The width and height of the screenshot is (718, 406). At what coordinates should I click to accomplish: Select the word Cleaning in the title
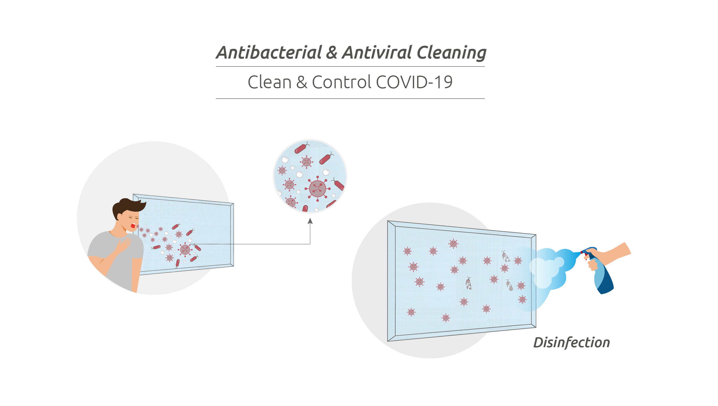(452, 53)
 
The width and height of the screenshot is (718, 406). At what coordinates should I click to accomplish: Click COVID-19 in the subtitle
(414, 82)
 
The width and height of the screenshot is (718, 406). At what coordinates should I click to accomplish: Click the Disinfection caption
(571, 343)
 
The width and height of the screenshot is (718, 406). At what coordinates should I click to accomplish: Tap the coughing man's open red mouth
(133, 226)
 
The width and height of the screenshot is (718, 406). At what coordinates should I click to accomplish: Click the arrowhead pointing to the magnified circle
(310, 221)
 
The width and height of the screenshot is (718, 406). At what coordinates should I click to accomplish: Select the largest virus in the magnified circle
(318, 189)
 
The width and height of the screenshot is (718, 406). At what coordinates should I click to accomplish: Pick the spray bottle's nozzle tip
(582, 252)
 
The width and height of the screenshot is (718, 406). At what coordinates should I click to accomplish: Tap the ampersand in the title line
(332, 53)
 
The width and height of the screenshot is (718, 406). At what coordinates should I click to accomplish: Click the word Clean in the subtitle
(270, 82)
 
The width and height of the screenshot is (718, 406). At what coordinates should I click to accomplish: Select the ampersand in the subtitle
(302, 83)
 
